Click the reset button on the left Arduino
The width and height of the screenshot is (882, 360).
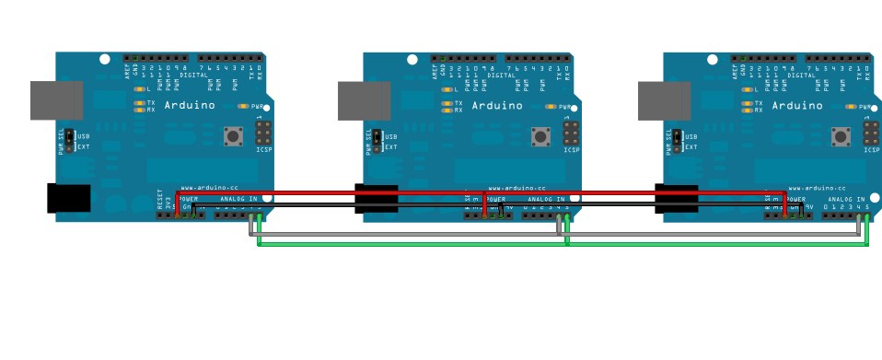[x=234, y=136]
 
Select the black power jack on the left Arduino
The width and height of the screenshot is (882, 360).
[x=69, y=198]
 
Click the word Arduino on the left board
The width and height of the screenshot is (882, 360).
[x=190, y=105]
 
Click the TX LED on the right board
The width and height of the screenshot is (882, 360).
[x=747, y=103]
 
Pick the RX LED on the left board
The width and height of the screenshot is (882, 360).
[x=139, y=110]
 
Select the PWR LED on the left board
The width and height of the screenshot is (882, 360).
[x=243, y=107]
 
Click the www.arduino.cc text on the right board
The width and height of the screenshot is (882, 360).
[x=817, y=188]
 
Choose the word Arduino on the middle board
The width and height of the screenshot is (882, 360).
[x=497, y=105]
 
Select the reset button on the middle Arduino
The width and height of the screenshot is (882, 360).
[x=541, y=136]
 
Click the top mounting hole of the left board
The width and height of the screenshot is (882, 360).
[x=105, y=60]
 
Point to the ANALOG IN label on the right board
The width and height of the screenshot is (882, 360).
[x=847, y=199]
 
